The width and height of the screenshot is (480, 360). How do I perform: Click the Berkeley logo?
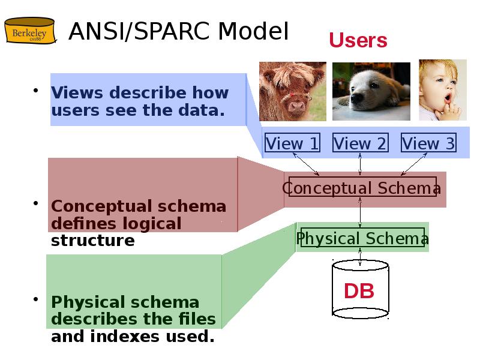(30, 31)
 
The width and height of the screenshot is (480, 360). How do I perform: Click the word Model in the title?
(253, 31)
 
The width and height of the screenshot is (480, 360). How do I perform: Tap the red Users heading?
(358, 40)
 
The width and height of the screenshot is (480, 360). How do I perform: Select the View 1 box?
(292, 142)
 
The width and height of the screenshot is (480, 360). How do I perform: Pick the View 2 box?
(361, 142)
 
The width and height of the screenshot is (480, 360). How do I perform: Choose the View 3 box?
(428, 142)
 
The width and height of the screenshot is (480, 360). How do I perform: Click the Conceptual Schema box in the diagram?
(362, 187)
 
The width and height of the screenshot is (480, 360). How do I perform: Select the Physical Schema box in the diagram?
(362, 237)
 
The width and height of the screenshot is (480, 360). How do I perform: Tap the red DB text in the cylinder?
(359, 291)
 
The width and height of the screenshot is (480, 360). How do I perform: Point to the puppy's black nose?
(356, 98)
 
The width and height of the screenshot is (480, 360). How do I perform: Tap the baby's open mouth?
(448, 98)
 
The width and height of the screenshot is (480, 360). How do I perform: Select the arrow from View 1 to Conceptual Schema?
(306, 164)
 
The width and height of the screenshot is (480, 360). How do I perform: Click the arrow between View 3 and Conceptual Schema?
(413, 164)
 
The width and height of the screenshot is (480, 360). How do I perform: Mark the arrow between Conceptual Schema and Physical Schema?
(360, 212)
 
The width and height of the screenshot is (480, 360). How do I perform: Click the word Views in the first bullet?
(77, 92)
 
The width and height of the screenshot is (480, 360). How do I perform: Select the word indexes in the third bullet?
(125, 336)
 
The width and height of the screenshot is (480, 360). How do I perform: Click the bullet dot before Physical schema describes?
(36, 299)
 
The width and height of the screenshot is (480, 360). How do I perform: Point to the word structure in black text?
(93, 241)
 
